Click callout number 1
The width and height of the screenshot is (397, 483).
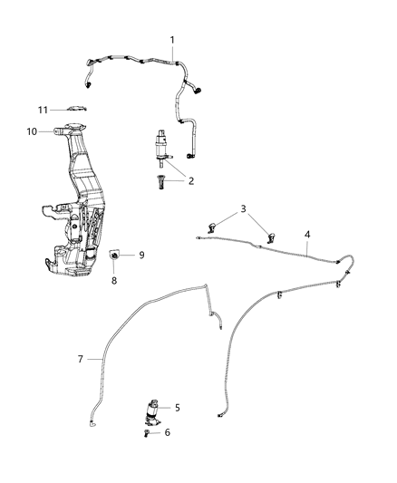(x=174, y=40)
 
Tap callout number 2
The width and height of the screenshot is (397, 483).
(x=191, y=180)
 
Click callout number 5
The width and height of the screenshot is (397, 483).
(x=178, y=408)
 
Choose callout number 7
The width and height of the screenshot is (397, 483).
(x=80, y=359)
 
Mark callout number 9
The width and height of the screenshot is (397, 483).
(x=140, y=256)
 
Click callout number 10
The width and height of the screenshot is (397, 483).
(x=31, y=131)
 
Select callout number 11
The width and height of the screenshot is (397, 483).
(x=42, y=110)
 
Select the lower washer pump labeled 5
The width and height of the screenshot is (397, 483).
(x=150, y=410)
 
